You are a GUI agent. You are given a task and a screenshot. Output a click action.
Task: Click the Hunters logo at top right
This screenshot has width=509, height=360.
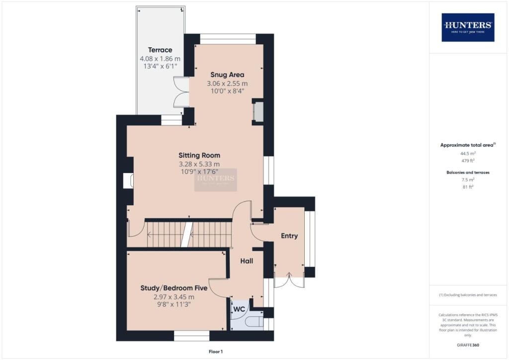point(468,27)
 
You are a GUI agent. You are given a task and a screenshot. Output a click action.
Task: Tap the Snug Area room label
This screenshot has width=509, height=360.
point(227,75)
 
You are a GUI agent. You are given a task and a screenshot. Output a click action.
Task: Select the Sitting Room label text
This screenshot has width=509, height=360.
point(199,155)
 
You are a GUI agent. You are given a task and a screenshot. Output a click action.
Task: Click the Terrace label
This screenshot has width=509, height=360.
point(160,50)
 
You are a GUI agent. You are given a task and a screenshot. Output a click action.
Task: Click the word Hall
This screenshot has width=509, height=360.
point(247,261)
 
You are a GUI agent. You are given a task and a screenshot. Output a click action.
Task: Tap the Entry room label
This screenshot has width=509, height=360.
point(289,236)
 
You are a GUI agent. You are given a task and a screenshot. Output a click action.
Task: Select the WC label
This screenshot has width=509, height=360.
point(239,309)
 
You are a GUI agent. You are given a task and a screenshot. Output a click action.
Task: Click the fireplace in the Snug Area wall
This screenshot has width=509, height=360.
point(258,112)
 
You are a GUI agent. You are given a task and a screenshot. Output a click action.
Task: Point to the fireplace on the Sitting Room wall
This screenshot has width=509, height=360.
point(128,181)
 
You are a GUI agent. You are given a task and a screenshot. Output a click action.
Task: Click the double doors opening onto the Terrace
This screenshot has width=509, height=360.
point(181,92)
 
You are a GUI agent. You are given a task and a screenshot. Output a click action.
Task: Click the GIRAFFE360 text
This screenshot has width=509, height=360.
point(468,345)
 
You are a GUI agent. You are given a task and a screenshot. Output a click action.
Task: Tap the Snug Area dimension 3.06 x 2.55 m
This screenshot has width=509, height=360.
point(227,84)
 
